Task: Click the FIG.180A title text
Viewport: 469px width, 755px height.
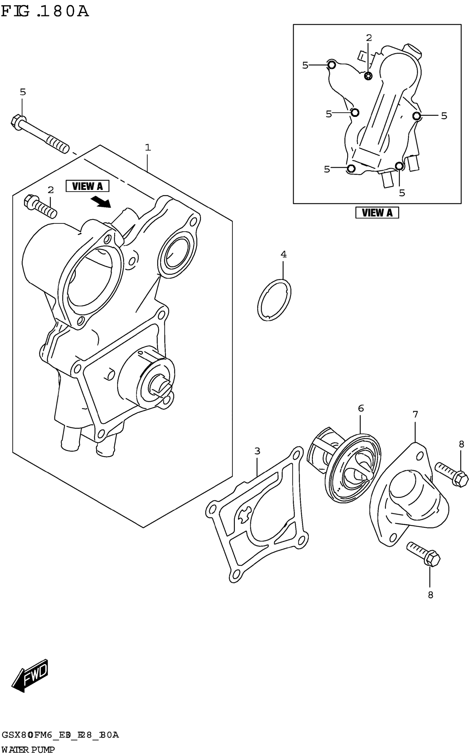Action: tap(45, 12)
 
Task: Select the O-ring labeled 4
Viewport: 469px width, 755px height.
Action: tap(274, 300)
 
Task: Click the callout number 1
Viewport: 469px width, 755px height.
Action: tap(148, 147)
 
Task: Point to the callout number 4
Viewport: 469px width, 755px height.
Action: tap(284, 254)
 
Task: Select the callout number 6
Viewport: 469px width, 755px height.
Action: tap(361, 409)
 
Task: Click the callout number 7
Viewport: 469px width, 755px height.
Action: tap(415, 414)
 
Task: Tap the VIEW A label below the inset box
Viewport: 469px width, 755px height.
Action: tap(377, 213)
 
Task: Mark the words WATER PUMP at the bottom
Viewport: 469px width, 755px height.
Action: tap(28, 750)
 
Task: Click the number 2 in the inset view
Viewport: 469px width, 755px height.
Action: tap(369, 38)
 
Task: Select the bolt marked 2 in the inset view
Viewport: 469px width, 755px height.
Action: tap(369, 75)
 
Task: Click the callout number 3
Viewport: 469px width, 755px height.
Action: tap(257, 451)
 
